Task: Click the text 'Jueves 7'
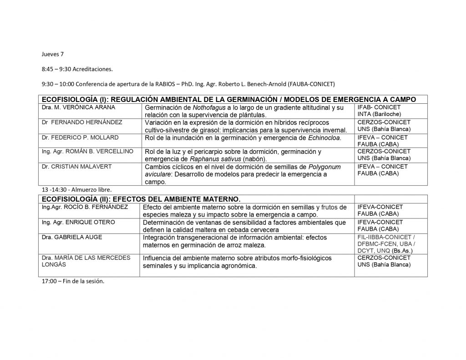[52, 55]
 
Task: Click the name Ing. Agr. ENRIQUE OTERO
[78, 222]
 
